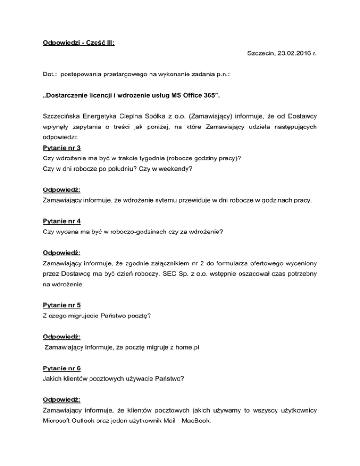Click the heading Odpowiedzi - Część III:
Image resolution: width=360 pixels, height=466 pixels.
click(79, 42)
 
